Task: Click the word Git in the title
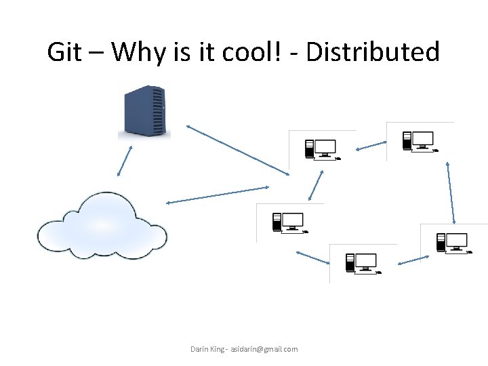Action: [x=64, y=52]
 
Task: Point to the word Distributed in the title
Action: [x=373, y=52]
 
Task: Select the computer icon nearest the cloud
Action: [x=288, y=222]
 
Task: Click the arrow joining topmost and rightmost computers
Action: [x=451, y=192]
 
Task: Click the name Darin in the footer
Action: [x=200, y=349]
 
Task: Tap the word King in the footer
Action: [x=218, y=349]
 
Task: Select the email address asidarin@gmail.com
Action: [x=264, y=349]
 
